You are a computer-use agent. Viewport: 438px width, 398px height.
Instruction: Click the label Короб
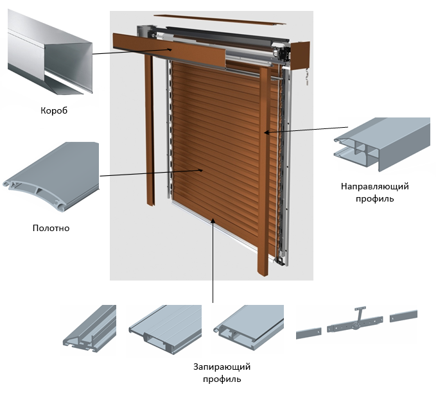[53, 110]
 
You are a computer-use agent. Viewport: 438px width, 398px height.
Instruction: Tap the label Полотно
[51, 228]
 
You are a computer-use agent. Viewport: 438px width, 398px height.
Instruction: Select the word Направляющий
[376, 186]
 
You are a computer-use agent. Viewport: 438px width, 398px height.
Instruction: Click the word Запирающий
[222, 367]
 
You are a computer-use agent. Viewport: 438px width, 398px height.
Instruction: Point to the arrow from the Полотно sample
[151, 173]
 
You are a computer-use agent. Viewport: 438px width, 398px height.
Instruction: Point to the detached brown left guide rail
[149, 128]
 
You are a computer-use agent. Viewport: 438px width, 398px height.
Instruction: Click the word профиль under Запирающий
[222, 379]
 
